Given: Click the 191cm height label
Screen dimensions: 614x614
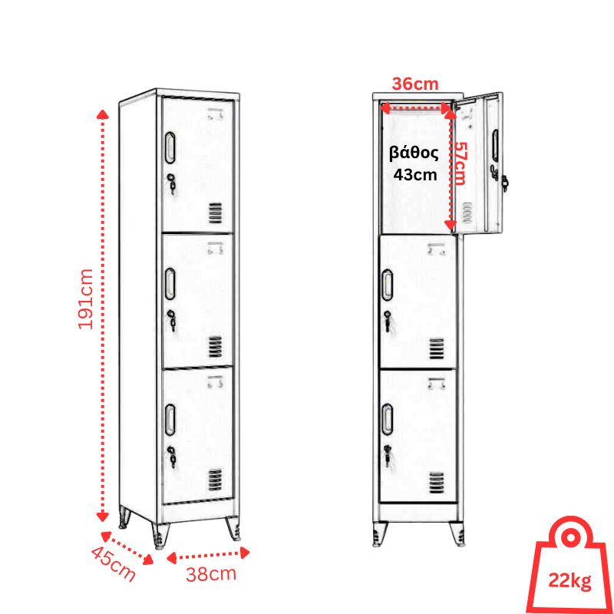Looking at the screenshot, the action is point(86,299).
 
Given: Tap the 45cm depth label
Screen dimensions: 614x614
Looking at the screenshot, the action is point(113,564).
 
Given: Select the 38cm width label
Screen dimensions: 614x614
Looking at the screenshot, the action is point(211,574).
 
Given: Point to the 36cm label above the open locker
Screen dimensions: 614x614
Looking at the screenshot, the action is point(415,84).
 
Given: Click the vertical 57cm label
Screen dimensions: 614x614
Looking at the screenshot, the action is point(459,163).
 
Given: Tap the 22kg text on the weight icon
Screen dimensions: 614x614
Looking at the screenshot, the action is point(569,581).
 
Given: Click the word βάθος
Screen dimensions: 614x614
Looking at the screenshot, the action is point(414,154).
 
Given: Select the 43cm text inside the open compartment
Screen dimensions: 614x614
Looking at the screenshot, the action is point(415,175).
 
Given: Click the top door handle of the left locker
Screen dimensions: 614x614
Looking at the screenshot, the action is point(170,147).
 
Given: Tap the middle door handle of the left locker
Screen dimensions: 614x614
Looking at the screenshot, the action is point(170,284).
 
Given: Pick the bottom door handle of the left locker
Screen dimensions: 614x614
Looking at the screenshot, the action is point(170,420).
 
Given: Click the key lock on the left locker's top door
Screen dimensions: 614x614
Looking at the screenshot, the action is point(171,183).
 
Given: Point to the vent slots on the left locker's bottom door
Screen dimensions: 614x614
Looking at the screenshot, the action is point(215,480).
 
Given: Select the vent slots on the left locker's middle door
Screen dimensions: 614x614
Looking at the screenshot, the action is point(215,347).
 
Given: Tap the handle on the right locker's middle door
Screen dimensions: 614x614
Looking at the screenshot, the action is point(388,285).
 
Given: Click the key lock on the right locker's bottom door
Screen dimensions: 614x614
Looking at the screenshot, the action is point(388,455).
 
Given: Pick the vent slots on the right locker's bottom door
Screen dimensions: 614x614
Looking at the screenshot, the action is point(437,484).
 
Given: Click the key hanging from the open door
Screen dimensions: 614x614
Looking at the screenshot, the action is point(504,183).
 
